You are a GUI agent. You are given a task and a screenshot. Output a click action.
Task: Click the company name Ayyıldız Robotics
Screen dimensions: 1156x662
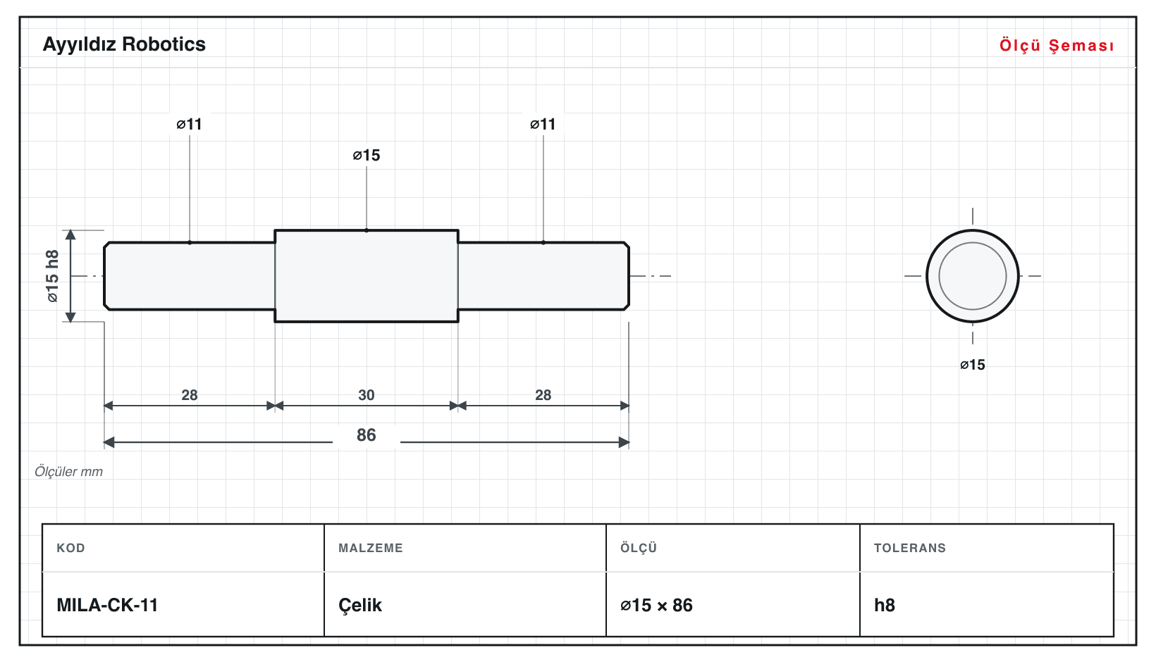[x=124, y=44]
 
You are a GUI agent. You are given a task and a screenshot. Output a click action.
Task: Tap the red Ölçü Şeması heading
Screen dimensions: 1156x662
[x=1057, y=45]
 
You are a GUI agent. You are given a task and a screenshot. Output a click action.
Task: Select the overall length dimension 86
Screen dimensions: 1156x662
[x=367, y=435]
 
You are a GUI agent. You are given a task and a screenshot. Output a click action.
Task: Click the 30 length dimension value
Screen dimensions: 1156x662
[x=367, y=395]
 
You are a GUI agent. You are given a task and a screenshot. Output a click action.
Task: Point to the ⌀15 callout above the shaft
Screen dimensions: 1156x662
[x=367, y=155]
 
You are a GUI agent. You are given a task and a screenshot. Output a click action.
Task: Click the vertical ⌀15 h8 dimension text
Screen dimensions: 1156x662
[x=53, y=276]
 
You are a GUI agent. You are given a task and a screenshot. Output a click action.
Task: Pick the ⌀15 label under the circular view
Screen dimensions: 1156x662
[x=973, y=365]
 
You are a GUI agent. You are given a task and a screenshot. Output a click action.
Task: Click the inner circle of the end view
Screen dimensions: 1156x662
[x=973, y=243]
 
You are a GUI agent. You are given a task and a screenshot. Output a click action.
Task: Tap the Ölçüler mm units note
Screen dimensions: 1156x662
[x=68, y=472]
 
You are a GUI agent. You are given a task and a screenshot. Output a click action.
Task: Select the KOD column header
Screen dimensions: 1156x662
[x=70, y=548]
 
